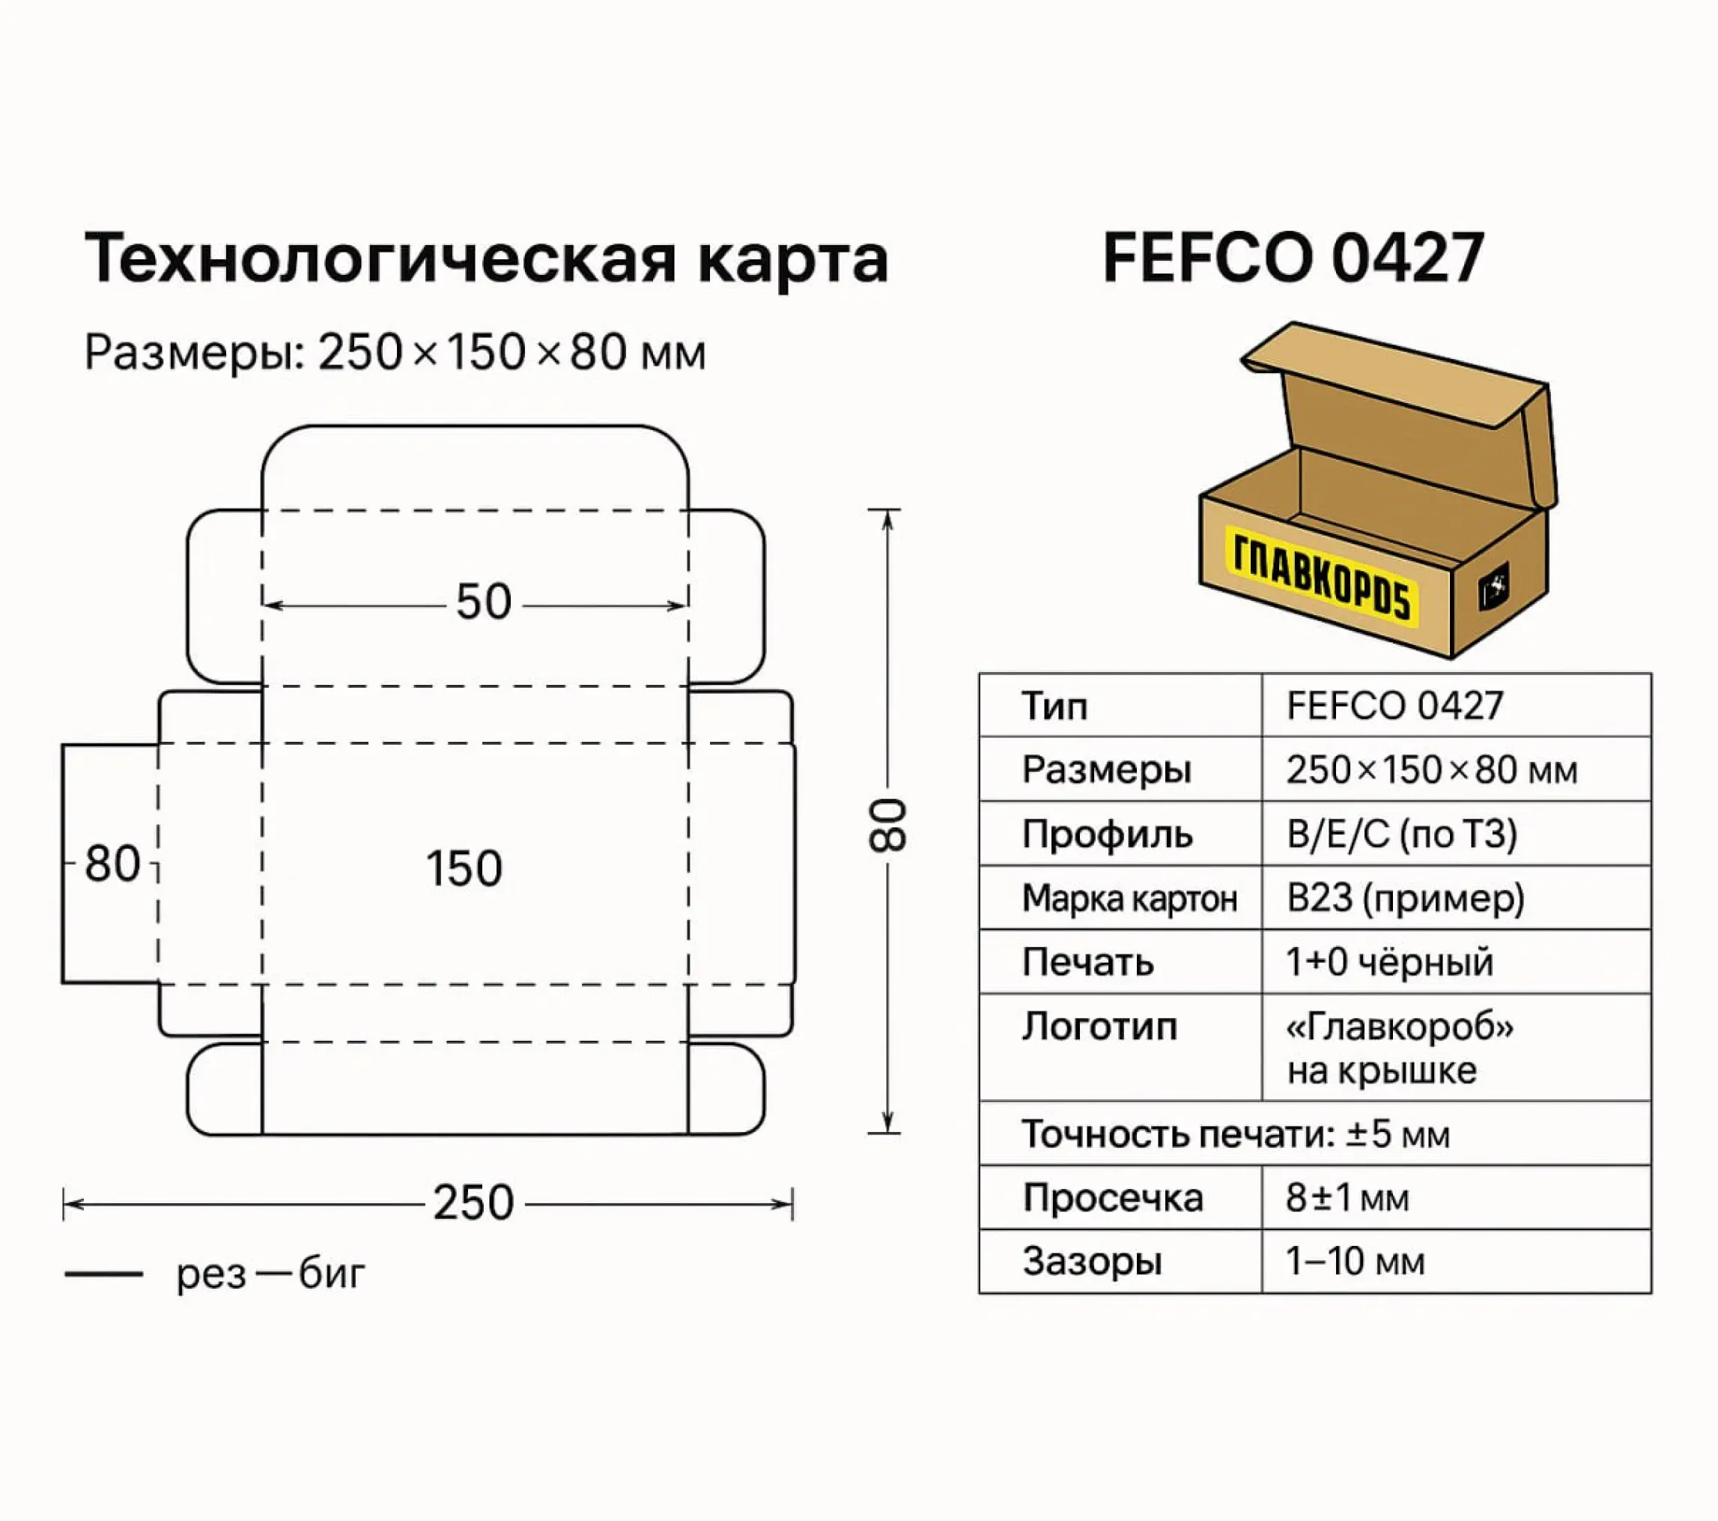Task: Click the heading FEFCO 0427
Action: coord(1293,258)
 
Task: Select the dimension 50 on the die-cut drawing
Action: coord(483,602)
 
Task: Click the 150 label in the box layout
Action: coord(464,868)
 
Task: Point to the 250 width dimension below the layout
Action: coord(473,1203)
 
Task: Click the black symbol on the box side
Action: coord(1493,585)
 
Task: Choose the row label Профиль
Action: coord(1107,834)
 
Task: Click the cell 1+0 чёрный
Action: coord(1389,962)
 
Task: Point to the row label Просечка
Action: coord(1113,1197)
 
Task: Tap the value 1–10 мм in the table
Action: coord(1355,1261)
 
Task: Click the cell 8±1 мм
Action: coord(1347,1197)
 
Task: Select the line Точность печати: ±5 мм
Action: coord(1236,1134)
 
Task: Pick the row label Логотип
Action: coord(1099,1026)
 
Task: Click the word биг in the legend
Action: coord(332,1274)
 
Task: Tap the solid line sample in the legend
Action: coord(103,1274)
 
